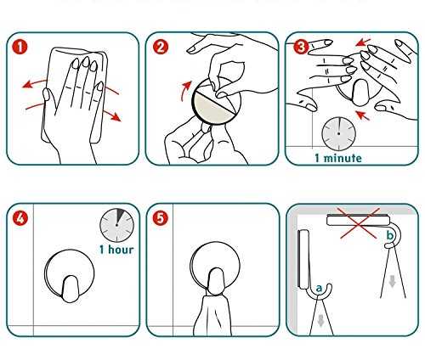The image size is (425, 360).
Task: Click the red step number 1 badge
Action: (x=20, y=47)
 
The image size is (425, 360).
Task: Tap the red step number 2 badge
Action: (x=161, y=47)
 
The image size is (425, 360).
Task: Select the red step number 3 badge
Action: (x=301, y=47)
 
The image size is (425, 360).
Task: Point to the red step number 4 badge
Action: (x=20, y=218)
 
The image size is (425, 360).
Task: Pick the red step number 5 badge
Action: (x=160, y=218)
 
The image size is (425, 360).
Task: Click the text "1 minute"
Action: (x=338, y=158)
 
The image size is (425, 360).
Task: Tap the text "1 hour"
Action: (x=116, y=250)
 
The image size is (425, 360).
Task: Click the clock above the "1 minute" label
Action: (x=338, y=133)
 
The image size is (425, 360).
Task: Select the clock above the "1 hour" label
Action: (x=116, y=225)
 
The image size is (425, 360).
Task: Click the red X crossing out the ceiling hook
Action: (x=360, y=223)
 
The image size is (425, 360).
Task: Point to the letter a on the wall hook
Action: (x=320, y=289)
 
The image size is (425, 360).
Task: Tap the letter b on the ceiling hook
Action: (x=390, y=235)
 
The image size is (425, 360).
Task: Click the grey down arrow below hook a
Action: (x=320, y=321)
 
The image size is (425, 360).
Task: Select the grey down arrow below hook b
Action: (x=392, y=281)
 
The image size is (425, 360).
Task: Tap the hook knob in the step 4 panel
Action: (x=70, y=289)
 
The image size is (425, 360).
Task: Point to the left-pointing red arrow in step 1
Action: (x=35, y=82)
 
